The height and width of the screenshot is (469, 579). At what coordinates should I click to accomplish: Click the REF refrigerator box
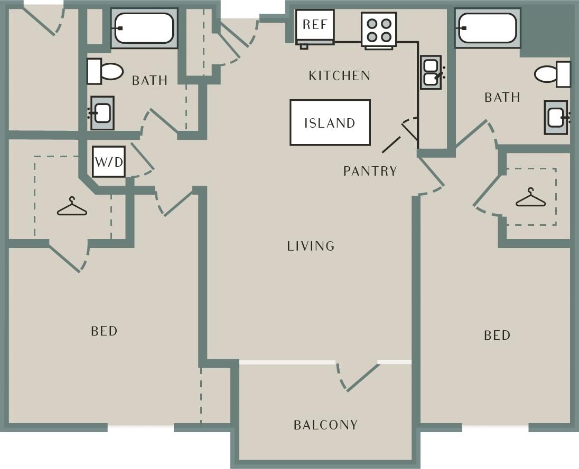[x=314, y=26]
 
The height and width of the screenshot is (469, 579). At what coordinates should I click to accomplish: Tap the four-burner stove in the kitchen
[x=379, y=30]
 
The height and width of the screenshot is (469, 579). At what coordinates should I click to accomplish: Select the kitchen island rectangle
[x=330, y=122]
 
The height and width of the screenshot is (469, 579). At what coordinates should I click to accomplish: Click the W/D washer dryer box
[x=109, y=161]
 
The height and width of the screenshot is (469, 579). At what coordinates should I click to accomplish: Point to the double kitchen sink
[x=431, y=72]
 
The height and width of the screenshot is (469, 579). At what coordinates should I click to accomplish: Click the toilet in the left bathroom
[x=105, y=71]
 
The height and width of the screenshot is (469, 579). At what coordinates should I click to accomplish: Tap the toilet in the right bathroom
[x=553, y=74]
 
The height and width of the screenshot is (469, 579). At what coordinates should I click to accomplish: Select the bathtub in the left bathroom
[x=144, y=28]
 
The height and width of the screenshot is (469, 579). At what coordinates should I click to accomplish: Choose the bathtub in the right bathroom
[x=487, y=28]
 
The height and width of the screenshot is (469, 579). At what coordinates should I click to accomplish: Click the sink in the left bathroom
[x=102, y=113]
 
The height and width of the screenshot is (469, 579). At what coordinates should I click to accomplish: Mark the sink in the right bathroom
[x=556, y=117]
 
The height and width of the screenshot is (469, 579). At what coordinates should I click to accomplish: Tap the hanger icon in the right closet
[x=530, y=198]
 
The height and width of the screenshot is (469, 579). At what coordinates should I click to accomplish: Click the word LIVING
[x=311, y=246]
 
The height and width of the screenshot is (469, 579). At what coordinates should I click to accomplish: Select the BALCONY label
[x=325, y=425]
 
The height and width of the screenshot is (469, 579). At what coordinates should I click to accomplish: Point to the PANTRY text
[x=370, y=171]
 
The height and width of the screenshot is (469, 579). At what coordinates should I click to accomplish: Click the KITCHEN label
[x=339, y=76]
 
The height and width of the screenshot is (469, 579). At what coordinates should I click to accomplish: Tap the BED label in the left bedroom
[x=104, y=331]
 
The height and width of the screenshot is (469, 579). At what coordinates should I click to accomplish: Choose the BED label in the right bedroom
[x=497, y=335]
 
